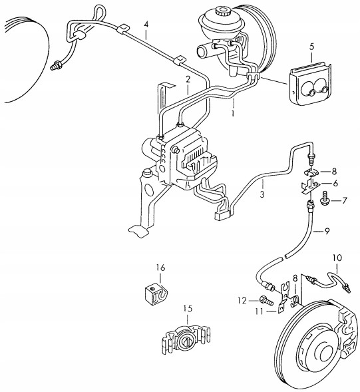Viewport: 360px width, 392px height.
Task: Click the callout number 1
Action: (233, 114)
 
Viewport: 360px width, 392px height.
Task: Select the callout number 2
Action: (188, 79)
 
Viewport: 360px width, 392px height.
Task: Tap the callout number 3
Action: (262, 195)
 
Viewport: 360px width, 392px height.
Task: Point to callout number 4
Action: (146, 26)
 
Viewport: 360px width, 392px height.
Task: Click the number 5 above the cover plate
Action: (311, 46)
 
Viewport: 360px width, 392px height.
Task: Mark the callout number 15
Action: (188, 308)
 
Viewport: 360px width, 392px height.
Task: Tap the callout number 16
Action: (160, 267)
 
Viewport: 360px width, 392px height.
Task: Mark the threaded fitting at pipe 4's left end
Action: (57, 65)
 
